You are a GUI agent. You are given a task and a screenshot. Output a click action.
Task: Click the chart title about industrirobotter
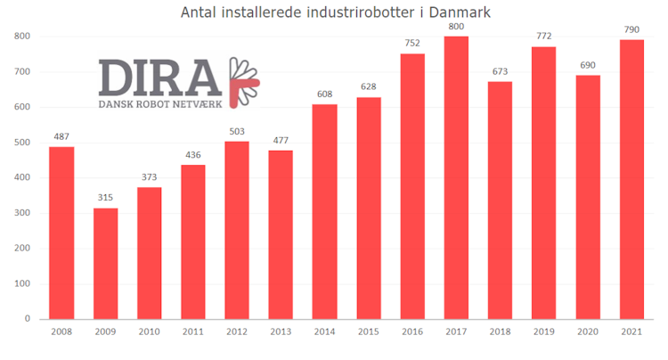(x=335, y=13)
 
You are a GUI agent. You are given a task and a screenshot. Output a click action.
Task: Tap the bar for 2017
(x=456, y=178)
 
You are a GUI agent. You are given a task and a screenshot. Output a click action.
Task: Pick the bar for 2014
(x=324, y=211)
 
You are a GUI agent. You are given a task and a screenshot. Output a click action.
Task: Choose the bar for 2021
(x=631, y=179)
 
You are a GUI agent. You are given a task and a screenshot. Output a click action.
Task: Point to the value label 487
(x=61, y=136)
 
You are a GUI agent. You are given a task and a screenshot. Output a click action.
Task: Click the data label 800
(x=456, y=27)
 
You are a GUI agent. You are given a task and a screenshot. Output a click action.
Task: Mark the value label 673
(x=500, y=72)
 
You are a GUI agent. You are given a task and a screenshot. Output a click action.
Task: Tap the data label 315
(x=105, y=198)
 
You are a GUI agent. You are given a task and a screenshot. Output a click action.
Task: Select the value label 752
(x=412, y=44)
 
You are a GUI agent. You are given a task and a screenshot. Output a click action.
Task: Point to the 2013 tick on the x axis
(x=281, y=332)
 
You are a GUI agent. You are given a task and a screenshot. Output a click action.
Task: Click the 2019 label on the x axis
(x=543, y=332)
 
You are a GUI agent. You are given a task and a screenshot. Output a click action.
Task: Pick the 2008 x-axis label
(x=61, y=332)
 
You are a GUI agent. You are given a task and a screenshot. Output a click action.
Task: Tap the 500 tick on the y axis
(x=21, y=143)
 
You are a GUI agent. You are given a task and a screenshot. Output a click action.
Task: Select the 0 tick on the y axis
(x=28, y=318)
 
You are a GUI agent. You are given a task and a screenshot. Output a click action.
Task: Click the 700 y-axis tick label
(x=21, y=72)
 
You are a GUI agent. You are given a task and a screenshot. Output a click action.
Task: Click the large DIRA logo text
(x=160, y=78)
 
